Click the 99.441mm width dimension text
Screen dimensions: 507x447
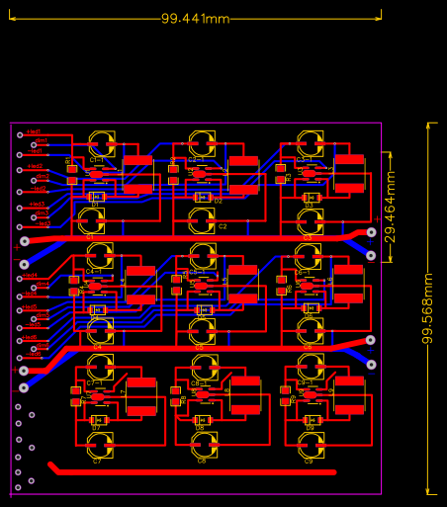point(195,19)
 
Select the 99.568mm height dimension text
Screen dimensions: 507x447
point(428,308)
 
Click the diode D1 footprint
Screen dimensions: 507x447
point(96,197)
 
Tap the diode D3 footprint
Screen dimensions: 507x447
point(310,198)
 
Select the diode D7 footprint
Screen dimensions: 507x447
point(97,421)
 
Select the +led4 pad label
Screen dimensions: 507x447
point(32,276)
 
